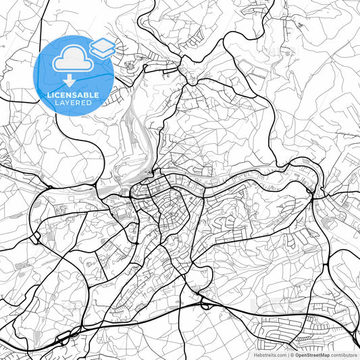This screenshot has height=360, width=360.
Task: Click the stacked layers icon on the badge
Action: coord(103,47)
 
